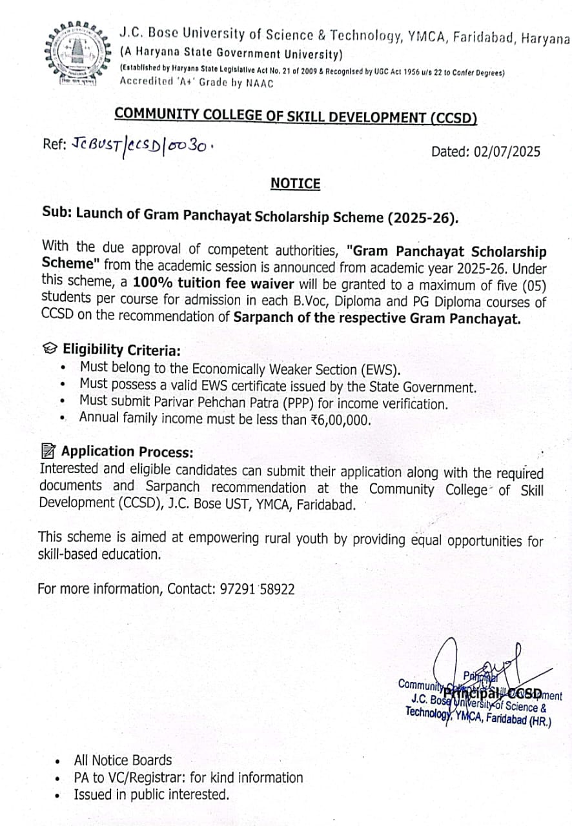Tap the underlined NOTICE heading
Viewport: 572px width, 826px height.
pyautogui.click(x=295, y=184)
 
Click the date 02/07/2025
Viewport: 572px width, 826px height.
pyautogui.click(x=507, y=152)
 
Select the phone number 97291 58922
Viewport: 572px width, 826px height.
pyautogui.click(x=256, y=589)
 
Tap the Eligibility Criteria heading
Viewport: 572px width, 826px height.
pyautogui.click(x=121, y=350)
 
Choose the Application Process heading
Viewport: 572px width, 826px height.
pyautogui.click(x=127, y=452)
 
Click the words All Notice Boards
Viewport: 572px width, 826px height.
pyautogui.click(x=123, y=760)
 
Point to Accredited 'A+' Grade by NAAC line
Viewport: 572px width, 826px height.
pyautogui.click(x=196, y=83)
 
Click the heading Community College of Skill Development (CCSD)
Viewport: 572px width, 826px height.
pyautogui.click(x=295, y=116)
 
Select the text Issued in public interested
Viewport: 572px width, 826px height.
pyautogui.click(x=151, y=795)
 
